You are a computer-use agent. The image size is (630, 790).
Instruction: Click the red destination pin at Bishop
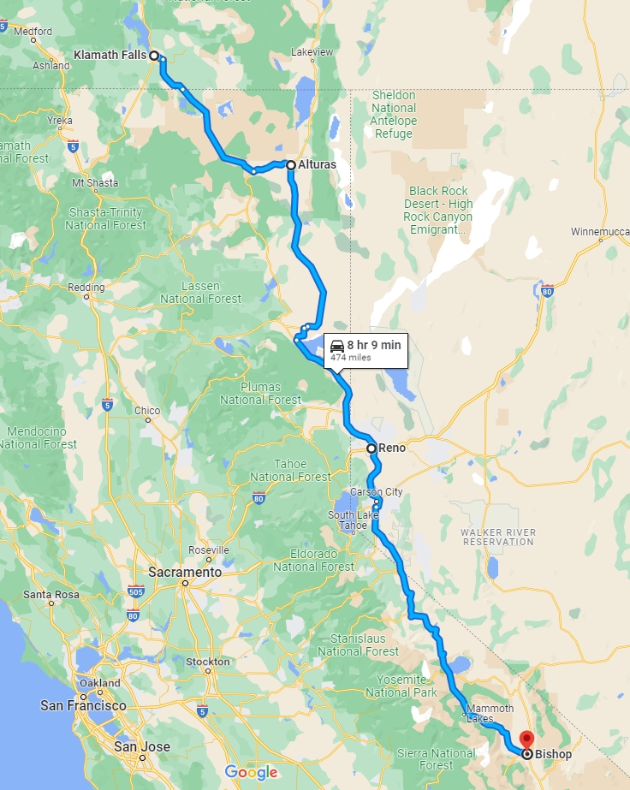(x=526, y=739)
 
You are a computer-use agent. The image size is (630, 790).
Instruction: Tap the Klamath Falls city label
(x=110, y=55)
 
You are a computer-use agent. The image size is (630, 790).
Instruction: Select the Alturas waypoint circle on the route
(x=291, y=164)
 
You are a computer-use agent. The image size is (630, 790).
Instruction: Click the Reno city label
(x=391, y=448)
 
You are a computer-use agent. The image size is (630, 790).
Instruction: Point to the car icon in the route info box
(x=337, y=346)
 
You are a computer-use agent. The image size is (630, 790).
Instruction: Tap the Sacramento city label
(x=185, y=572)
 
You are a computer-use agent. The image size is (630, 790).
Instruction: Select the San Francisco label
(x=83, y=706)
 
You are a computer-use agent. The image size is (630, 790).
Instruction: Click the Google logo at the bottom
(x=252, y=772)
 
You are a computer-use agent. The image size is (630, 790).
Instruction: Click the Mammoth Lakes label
(x=490, y=714)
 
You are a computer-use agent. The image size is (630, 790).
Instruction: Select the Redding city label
(x=86, y=287)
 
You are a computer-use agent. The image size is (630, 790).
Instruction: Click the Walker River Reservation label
(x=498, y=537)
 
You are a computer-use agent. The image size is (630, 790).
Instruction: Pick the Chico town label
(x=147, y=411)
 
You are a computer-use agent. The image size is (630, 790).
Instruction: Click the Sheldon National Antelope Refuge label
(x=394, y=108)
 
